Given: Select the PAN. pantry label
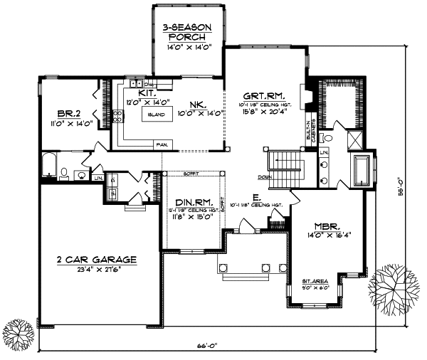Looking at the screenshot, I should click(x=162, y=144).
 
